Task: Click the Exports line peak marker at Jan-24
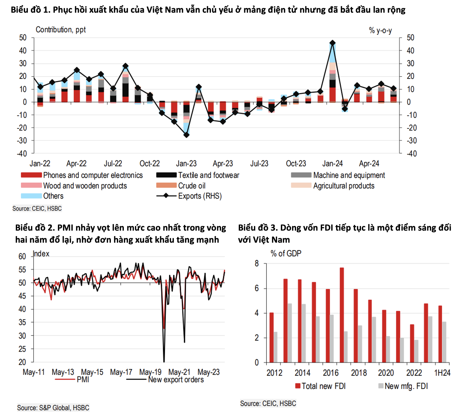(x=333, y=43)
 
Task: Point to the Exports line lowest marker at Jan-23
(x=187, y=135)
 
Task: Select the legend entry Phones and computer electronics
(x=82, y=176)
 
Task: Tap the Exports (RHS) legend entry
(x=189, y=196)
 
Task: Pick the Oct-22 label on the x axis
(x=150, y=163)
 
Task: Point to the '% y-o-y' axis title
(x=380, y=30)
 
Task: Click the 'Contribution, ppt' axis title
(x=61, y=30)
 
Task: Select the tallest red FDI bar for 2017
(x=342, y=315)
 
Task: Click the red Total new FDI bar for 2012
(x=271, y=337)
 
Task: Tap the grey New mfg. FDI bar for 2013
(x=289, y=333)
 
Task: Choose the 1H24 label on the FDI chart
(x=442, y=373)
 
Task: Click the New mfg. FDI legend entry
(x=403, y=386)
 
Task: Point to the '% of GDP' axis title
(x=286, y=253)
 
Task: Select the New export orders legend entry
(x=165, y=380)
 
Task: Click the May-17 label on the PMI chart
(x=121, y=372)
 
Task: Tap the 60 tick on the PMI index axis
(x=22, y=257)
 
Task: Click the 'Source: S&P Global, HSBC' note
(x=53, y=408)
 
